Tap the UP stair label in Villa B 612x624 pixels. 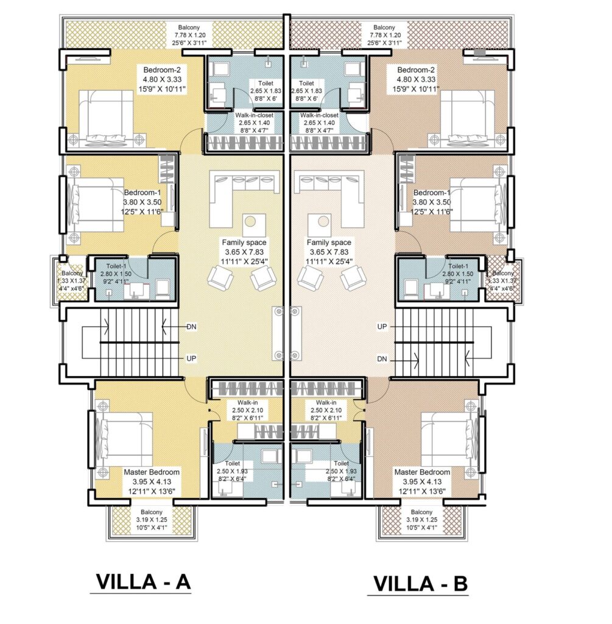tap(382, 327)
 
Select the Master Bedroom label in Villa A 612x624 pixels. tap(152, 472)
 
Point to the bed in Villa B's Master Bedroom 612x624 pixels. tap(446, 438)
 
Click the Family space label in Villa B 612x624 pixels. tap(329, 243)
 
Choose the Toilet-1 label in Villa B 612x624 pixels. tap(457, 266)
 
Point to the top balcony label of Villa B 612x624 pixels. tap(384, 27)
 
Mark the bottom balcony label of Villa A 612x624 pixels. tap(151, 512)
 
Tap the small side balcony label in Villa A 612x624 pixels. tap(65, 274)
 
